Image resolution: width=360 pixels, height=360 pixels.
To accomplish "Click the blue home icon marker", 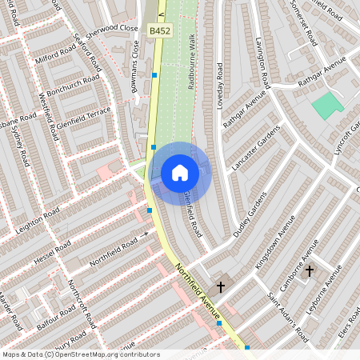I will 180,173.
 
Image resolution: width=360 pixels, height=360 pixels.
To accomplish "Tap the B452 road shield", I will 158,30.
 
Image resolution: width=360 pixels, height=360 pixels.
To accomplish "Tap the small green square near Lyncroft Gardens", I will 327,105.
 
